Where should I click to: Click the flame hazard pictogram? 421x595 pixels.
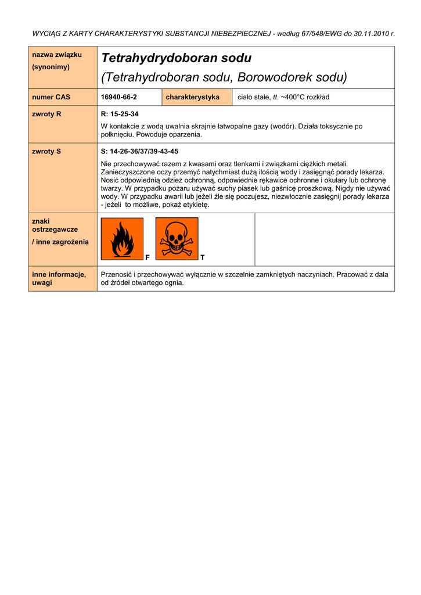tap(122, 239)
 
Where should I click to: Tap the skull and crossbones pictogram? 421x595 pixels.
tap(177, 239)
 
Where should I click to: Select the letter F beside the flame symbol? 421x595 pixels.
tap(147, 257)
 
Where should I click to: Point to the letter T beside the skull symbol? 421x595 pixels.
tap(202, 257)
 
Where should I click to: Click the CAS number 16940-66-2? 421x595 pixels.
tap(119, 97)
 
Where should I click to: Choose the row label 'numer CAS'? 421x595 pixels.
tap(51, 97)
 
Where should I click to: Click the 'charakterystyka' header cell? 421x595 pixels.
tap(192, 97)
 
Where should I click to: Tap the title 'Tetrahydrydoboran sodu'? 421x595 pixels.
tap(176, 58)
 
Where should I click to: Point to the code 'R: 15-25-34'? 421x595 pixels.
tap(120, 114)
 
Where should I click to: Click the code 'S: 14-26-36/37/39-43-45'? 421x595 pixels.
tap(139, 151)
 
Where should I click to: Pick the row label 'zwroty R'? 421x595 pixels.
tap(46, 114)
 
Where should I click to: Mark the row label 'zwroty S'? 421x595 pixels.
tap(46, 151)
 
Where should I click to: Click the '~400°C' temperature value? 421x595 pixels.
tap(293, 97)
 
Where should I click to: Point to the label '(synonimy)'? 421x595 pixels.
tap(51, 67)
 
